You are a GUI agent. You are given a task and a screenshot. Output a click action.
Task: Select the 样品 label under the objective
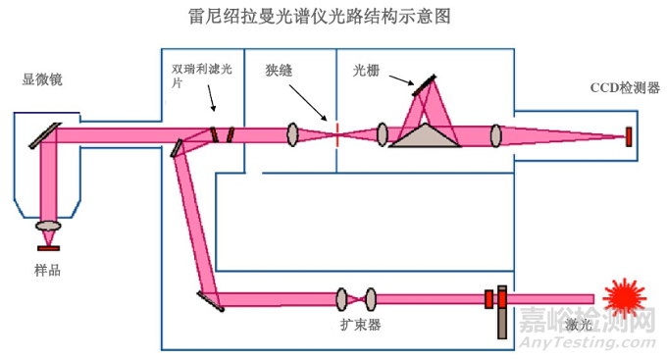click(47, 270)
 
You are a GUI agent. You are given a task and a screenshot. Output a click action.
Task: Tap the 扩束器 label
click(355, 324)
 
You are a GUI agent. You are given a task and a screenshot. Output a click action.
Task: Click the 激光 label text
click(580, 324)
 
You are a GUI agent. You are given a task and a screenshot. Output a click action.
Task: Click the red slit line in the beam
click(336, 134)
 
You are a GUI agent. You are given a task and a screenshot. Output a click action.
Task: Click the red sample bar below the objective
click(48, 247)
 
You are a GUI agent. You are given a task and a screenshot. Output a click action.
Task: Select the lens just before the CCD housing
click(496, 134)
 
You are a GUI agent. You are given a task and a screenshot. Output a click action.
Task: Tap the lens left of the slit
click(292, 134)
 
